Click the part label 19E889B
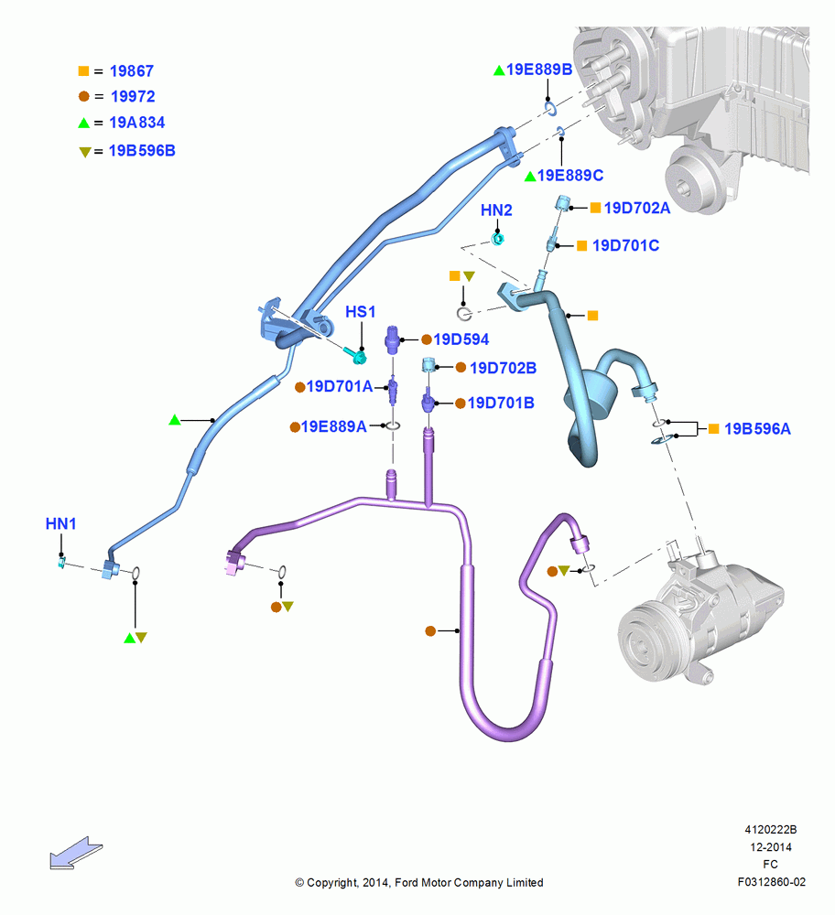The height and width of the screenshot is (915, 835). pyautogui.click(x=539, y=70)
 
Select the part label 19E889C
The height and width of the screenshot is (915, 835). pyautogui.click(x=569, y=175)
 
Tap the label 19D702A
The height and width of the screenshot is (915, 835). pyautogui.click(x=637, y=208)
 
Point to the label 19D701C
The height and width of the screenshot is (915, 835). pyautogui.click(x=625, y=245)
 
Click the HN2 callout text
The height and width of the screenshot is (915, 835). pyautogui.click(x=496, y=210)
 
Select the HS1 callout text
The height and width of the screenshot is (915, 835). pyautogui.click(x=360, y=312)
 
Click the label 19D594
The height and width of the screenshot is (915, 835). pyautogui.click(x=461, y=339)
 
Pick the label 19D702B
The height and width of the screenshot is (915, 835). pyautogui.click(x=503, y=368)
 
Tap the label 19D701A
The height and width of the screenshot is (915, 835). pyautogui.click(x=340, y=386)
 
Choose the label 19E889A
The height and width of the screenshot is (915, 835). pyautogui.click(x=333, y=426)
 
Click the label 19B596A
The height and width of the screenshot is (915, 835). pyautogui.click(x=757, y=429)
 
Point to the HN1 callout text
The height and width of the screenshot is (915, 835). pyautogui.click(x=60, y=523)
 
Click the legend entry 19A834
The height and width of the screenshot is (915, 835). pyautogui.click(x=136, y=123)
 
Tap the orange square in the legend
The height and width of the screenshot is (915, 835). pyautogui.click(x=83, y=70)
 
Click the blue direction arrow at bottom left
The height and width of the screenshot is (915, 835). pyautogui.click(x=76, y=853)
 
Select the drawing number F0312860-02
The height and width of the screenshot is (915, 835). pyautogui.click(x=771, y=882)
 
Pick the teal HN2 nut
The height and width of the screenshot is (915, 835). pyautogui.click(x=497, y=239)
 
